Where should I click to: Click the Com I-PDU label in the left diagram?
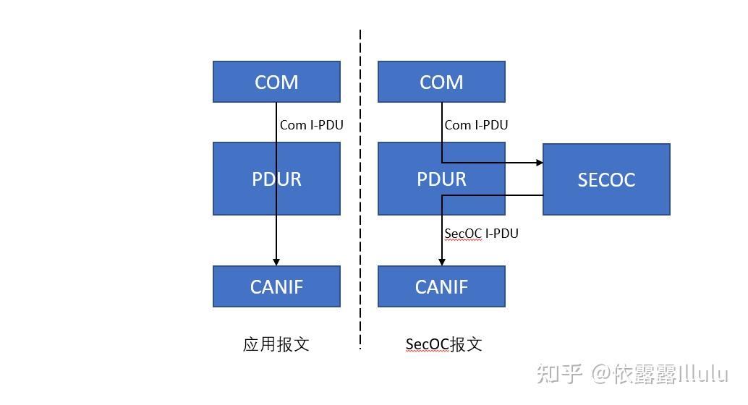tap(311, 125)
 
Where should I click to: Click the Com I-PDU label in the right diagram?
tap(476, 125)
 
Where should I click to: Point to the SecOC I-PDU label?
tap(481, 234)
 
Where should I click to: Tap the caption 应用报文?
tap(276, 344)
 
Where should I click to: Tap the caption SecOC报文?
tap(443, 344)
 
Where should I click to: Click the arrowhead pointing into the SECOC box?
tap(539, 163)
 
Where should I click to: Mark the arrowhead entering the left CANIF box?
tap(276, 262)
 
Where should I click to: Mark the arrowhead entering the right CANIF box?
tap(441, 262)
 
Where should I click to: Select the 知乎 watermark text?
tap(558, 374)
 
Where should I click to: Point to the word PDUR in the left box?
tap(276, 179)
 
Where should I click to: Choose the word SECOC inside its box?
tap(606, 179)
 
